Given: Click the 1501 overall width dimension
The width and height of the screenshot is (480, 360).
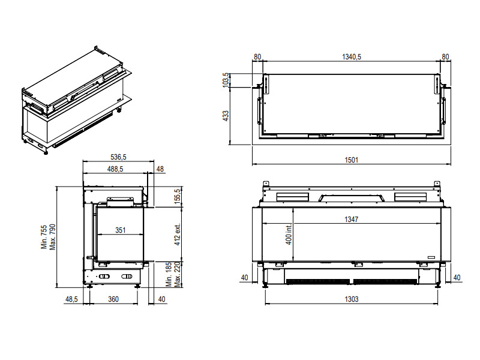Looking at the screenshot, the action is (352, 160).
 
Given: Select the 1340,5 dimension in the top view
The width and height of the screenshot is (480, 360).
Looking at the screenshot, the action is (352, 56).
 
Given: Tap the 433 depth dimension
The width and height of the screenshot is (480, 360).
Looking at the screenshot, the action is (226, 116).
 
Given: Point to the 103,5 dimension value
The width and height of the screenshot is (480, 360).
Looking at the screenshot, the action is (226, 80).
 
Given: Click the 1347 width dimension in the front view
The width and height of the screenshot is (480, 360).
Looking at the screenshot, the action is (351, 219).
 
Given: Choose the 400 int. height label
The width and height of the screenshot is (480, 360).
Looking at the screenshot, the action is (289, 233).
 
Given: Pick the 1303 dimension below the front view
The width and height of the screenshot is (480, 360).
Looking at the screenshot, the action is (352, 299).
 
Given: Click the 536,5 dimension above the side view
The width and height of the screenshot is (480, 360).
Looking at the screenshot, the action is (118, 157).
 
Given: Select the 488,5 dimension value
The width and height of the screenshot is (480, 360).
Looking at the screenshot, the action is (115, 169).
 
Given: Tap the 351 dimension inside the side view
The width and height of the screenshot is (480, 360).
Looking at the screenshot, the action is (121, 230).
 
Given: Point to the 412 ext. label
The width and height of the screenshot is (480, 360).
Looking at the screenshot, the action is (178, 234).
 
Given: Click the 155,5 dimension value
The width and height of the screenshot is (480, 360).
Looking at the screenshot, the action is (178, 196).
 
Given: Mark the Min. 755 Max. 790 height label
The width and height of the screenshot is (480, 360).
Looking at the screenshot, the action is (49, 237).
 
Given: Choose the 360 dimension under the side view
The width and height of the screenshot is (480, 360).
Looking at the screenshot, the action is (113, 299).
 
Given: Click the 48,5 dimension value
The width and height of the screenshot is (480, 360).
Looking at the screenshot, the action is (71, 299).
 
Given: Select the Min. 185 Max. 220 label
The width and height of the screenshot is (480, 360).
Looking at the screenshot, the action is (173, 275).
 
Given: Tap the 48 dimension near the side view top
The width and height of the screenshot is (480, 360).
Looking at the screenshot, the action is (160, 169).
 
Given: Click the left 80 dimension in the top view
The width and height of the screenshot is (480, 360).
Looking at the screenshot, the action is (257, 56).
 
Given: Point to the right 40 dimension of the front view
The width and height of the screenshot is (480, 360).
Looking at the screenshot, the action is (457, 277).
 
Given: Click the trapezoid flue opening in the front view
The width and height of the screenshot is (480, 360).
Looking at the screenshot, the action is (352, 198).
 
